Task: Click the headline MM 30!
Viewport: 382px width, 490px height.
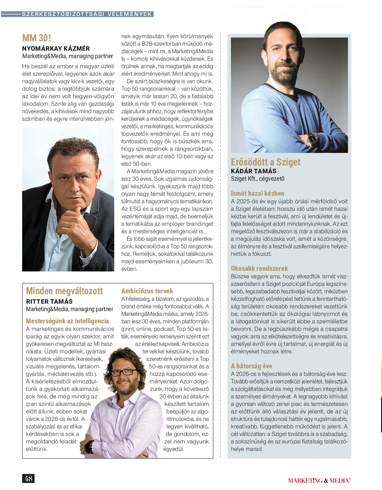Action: tap(37, 38)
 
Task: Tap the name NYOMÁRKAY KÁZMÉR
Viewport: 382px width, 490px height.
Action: tap(56, 48)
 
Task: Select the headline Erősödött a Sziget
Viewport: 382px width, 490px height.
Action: tap(266, 162)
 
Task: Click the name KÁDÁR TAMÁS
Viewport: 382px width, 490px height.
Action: tap(253, 171)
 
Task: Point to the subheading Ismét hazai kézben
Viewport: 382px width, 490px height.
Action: tap(257, 193)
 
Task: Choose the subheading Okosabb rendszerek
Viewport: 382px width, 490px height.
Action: tap(259, 268)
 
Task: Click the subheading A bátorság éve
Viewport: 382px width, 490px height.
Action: tap(252, 366)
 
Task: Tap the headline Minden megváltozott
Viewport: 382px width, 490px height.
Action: tap(64, 291)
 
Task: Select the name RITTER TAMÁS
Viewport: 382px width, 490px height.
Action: tap(49, 301)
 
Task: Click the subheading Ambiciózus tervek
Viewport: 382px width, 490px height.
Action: tap(147, 291)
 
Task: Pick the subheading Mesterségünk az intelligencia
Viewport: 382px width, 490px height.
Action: tap(67, 321)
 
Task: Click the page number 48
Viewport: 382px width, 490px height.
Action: tap(28, 478)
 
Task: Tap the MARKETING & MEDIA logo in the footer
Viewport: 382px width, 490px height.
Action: tap(319, 481)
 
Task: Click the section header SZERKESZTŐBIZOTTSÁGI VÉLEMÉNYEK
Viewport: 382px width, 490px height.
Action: tap(87, 14)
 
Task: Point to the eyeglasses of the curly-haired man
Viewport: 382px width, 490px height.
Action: tap(124, 372)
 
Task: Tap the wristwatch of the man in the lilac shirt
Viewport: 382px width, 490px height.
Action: tap(90, 447)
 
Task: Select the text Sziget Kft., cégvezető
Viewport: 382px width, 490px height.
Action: tap(257, 179)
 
